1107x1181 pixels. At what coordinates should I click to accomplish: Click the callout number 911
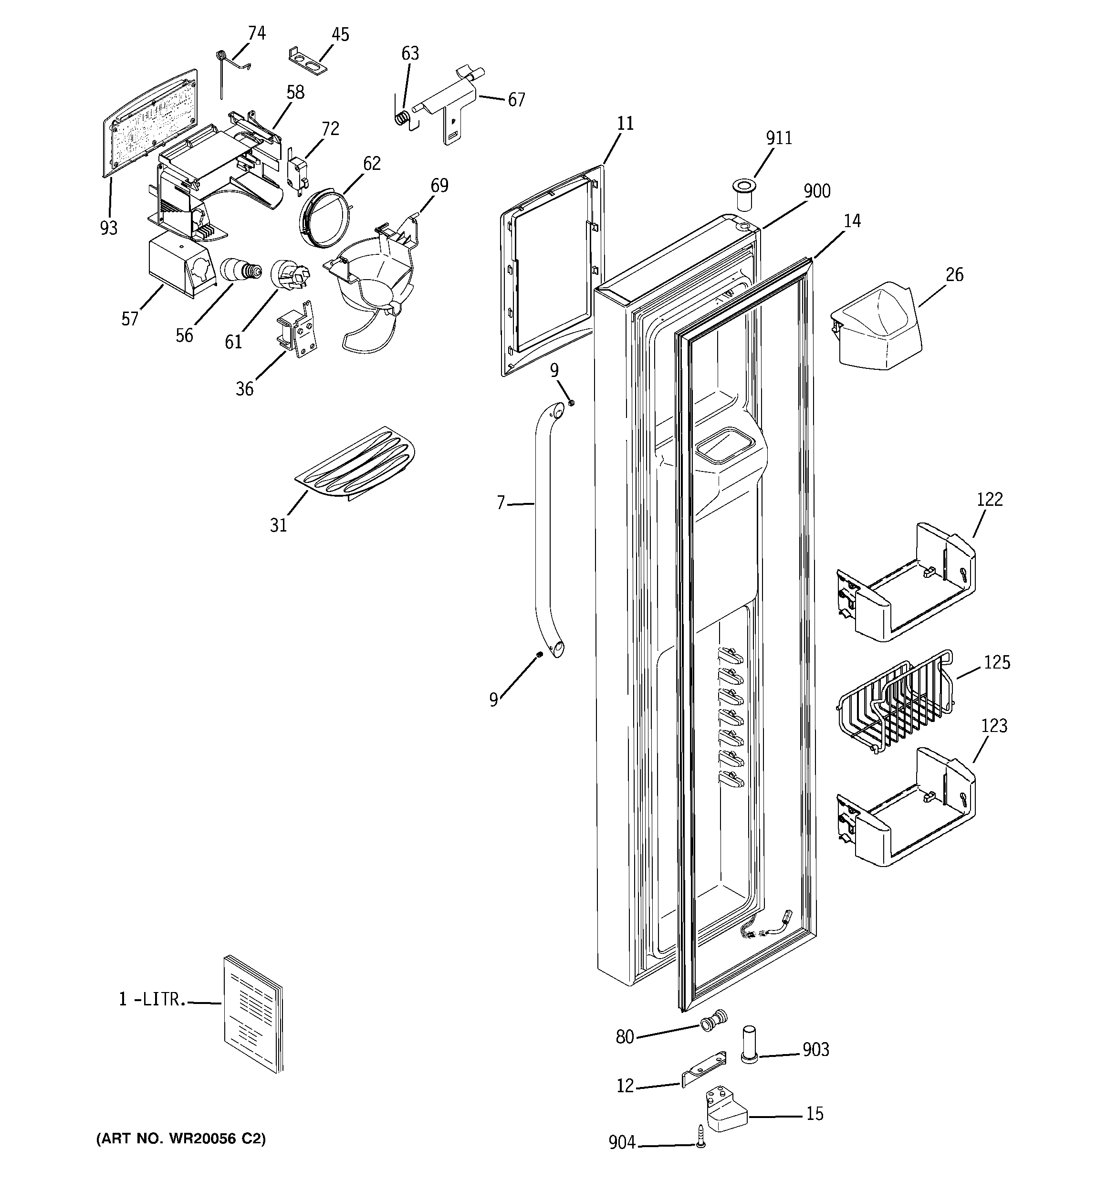(778, 138)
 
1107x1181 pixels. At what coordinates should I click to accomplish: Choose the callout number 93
(109, 228)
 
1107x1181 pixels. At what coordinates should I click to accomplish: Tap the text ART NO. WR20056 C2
(181, 1138)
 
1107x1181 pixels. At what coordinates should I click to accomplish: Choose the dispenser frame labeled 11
(553, 273)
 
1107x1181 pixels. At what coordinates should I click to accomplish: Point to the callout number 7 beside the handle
(501, 503)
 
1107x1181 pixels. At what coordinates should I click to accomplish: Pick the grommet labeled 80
(712, 1023)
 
